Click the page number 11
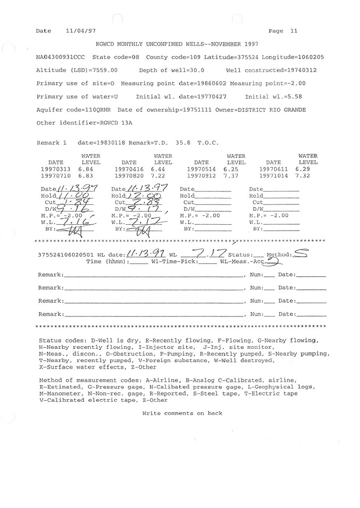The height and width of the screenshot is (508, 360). point(294,31)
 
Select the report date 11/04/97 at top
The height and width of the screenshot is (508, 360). point(80,31)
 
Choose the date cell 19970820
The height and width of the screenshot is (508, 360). point(129,176)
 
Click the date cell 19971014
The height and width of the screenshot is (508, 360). point(274,176)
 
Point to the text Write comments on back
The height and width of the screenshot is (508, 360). point(182,413)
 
